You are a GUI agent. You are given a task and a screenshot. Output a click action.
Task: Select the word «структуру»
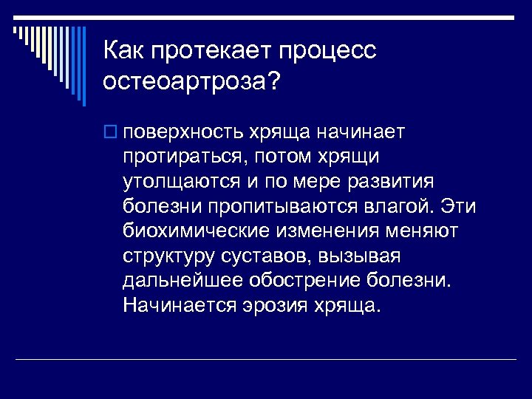pyautogui.click(x=168, y=256)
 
